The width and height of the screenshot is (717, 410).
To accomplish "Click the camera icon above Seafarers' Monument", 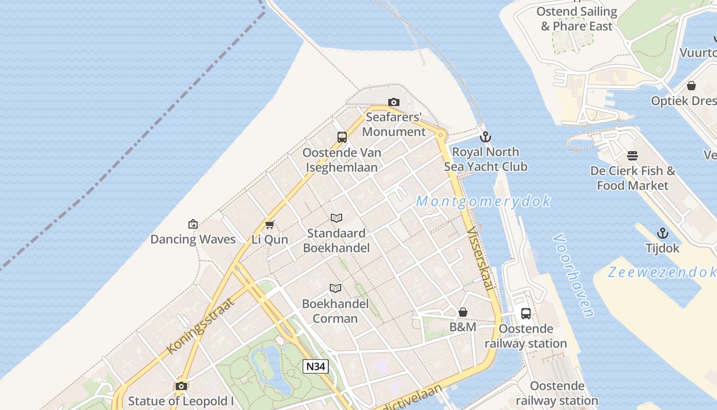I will (393, 102).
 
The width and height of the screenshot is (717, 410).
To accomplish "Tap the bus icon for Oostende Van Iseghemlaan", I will (342, 137).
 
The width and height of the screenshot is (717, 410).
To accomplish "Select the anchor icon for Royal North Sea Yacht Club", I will (485, 137).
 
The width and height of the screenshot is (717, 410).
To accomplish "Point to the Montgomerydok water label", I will (483, 201).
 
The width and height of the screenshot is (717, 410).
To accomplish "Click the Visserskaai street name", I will (480, 259).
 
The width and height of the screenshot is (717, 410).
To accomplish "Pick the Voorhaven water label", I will (574, 275).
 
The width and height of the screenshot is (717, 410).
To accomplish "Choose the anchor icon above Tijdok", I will (663, 233).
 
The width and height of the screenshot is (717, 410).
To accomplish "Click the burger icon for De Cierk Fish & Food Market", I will (632, 155).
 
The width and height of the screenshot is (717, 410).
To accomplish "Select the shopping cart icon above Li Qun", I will (269, 224).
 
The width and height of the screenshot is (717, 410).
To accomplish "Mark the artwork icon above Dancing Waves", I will (193, 224).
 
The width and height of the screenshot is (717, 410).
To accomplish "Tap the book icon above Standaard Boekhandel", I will (336, 218).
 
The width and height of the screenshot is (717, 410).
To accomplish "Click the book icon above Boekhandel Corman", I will (335, 289).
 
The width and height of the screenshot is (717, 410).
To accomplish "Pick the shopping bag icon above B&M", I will (463, 312).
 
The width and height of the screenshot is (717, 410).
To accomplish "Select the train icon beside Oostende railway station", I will (526, 314).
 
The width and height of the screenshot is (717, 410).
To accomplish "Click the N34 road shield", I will (315, 366).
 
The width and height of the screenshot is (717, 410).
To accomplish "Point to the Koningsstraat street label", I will (201, 326).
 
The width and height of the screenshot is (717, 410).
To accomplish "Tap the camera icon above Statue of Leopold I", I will (181, 386).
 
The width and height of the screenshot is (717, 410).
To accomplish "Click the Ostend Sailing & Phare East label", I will (577, 18).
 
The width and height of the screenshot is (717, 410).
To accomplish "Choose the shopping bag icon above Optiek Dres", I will (691, 86).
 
